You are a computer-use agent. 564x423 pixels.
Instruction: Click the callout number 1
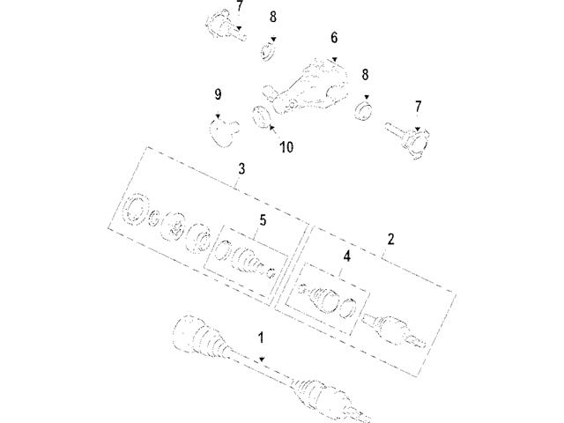pyautogui.click(x=261, y=337)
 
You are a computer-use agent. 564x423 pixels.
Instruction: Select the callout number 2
pyautogui.click(x=390, y=239)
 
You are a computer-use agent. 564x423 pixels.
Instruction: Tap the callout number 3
pyautogui.click(x=241, y=169)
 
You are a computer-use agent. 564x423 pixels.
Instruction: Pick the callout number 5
pyautogui.click(x=261, y=221)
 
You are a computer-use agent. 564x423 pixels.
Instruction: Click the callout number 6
pyautogui.click(x=334, y=38)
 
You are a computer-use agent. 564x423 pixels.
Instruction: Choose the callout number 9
pyautogui.click(x=217, y=94)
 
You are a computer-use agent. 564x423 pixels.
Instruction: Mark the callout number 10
pyautogui.click(x=286, y=148)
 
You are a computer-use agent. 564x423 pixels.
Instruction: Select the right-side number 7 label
pyautogui.click(x=419, y=106)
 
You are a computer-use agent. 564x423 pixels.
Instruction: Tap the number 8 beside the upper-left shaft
pyautogui.click(x=273, y=17)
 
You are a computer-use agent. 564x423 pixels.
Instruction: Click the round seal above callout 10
pyautogui.click(x=261, y=116)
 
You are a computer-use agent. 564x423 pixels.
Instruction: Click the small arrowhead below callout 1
pyautogui.click(x=262, y=357)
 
